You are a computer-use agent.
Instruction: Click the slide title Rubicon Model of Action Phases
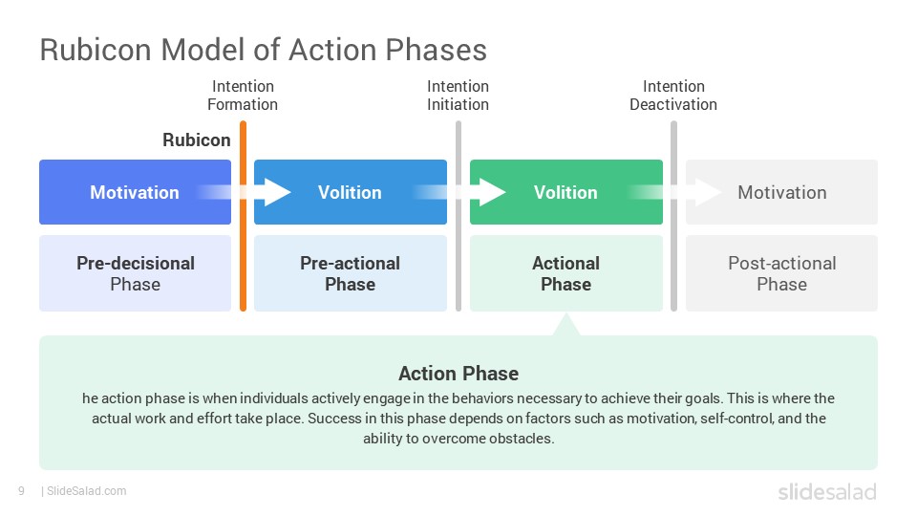264,50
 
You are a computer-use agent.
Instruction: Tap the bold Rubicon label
197,140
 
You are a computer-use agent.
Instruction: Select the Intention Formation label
243,96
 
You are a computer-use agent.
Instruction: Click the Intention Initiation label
458,96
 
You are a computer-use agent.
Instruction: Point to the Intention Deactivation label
673,96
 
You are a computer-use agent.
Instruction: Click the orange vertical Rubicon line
243,216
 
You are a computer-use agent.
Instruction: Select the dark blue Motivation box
135,192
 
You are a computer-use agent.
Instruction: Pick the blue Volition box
351,192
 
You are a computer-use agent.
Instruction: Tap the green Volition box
566,192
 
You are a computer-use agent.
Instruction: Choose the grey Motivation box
782,192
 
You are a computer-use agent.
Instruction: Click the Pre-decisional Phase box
135,273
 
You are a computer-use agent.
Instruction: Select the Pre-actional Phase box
351,273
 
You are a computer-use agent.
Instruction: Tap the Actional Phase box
566,273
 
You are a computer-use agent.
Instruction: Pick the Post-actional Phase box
782,273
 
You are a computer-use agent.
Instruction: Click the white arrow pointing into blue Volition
257,192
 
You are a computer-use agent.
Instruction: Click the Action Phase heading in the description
458,374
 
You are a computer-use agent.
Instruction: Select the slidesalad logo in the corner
827,492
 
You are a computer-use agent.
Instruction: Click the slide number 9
22,491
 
